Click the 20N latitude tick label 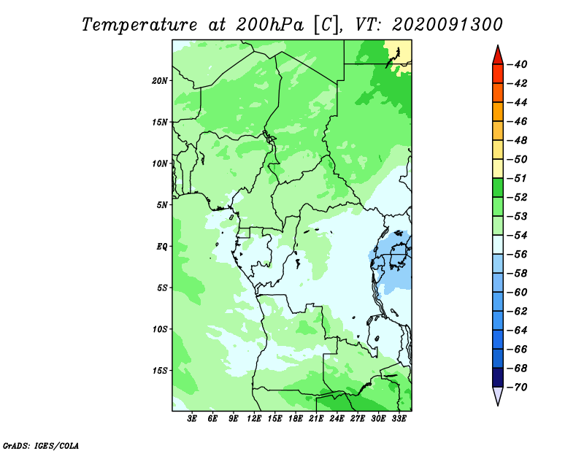(x=159, y=80)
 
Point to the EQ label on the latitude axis (x=161, y=246)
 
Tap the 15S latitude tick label (x=159, y=370)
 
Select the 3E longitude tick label (x=192, y=418)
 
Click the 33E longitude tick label (x=399, y=418)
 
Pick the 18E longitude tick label (x=296, y=418)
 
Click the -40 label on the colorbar (x=518, y=64)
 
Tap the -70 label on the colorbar (x=518, y=388)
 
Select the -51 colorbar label (x=518, y=178)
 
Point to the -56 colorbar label (x=518, y=255)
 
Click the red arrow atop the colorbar (x=498, y=55)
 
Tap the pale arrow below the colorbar (x=498, y=396)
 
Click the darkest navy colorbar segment (x=498, y=377)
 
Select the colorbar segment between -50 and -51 (x=498, y=169)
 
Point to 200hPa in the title (x=269, y=25)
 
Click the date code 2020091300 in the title (x=447, y=25)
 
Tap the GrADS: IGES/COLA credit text (x=41, y=446)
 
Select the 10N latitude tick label (x=159, y=163)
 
